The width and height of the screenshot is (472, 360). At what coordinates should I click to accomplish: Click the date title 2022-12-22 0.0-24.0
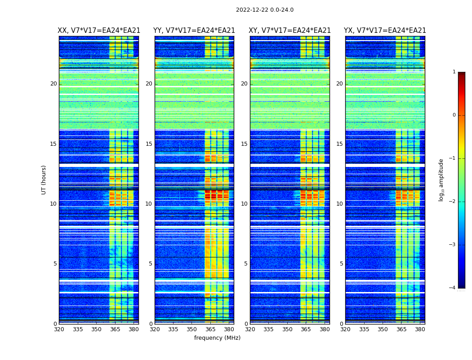(264, 10)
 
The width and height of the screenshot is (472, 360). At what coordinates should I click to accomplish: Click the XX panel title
(99, 31)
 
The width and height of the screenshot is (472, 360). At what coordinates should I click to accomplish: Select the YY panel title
(194, 31)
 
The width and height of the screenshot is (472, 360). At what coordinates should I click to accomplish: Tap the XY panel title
(289, 31)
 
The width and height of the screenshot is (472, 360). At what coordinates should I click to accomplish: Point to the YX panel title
(385, 31)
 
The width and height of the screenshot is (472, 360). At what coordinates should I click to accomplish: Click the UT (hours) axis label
(44, 180)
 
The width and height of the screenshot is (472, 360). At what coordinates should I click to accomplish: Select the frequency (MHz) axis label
(217, 338)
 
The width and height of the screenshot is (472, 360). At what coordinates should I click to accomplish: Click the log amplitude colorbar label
(441, 180)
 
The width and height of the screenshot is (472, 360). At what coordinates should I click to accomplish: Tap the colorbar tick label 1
(454, 72)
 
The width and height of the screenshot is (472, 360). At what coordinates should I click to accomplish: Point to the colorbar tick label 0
(454, 115)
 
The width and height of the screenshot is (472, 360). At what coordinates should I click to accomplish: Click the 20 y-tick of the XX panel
(53, 84)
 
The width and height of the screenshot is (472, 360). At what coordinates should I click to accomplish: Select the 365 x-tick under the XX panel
(115, 329)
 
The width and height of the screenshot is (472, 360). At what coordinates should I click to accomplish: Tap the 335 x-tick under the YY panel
(173, 329)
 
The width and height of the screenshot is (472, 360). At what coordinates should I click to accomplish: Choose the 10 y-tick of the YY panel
(149, 204)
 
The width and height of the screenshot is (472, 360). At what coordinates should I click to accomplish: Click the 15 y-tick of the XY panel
(244, 144)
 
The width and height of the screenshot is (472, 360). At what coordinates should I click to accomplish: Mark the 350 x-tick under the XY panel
(287, 329)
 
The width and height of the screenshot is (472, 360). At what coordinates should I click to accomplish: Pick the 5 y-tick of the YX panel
(341, 264)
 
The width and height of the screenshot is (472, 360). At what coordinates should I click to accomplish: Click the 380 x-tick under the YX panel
(420, 329)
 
